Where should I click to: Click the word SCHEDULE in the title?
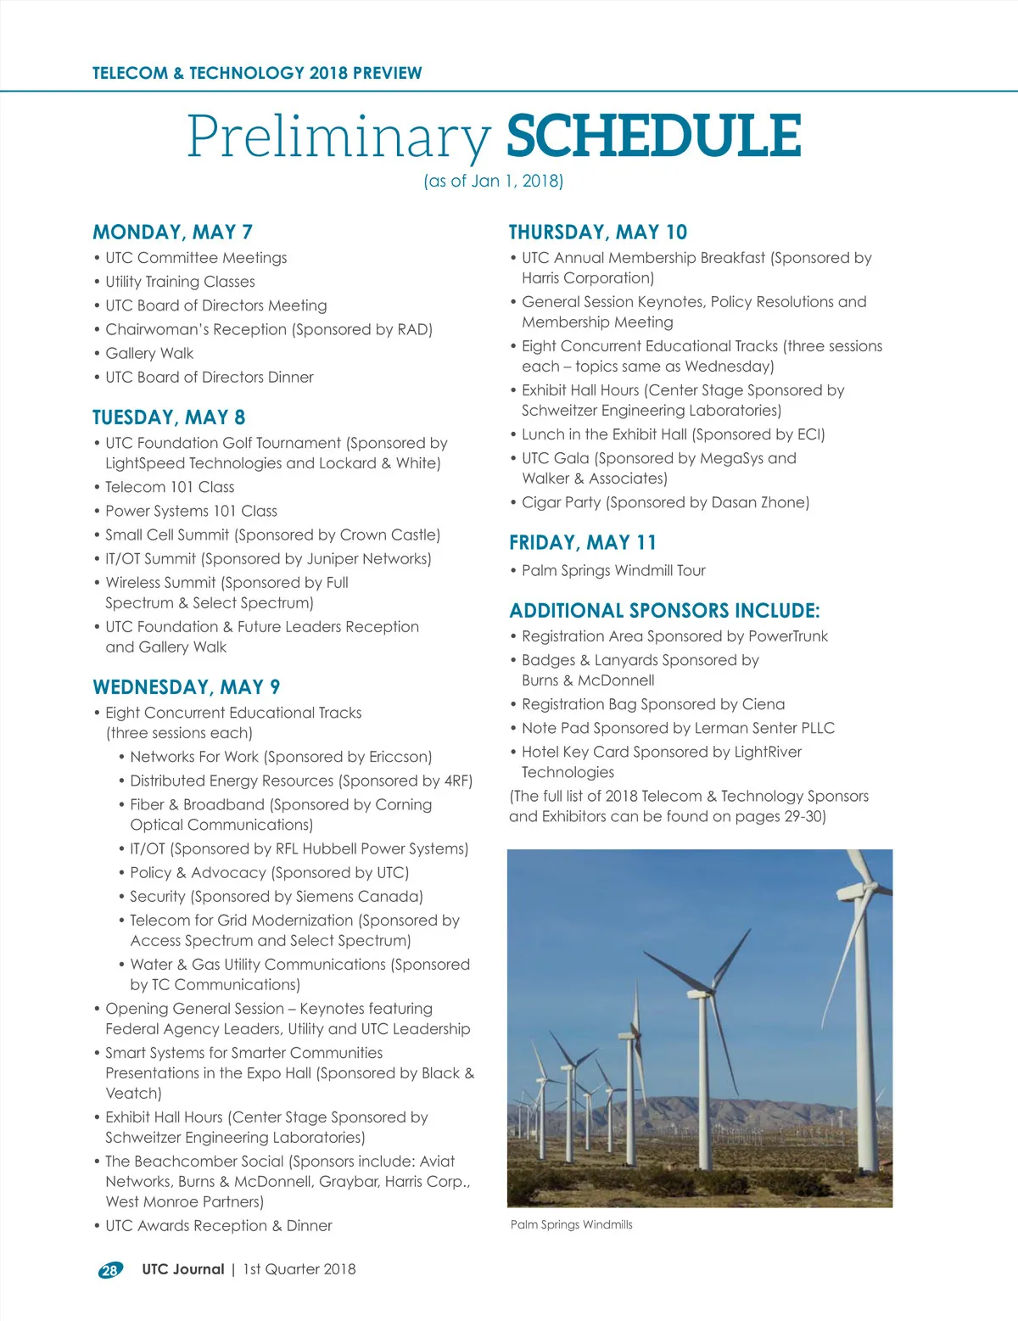[653, 136]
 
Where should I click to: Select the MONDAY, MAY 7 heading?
[172, 232]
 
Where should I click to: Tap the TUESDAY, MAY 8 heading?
[169, 417]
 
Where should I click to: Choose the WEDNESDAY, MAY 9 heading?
[186, 687]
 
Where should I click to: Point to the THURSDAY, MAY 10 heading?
[597, 232]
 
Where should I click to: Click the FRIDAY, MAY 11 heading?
[582, 543]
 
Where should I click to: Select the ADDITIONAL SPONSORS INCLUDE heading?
[664, 611]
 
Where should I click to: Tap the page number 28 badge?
[109, 1270]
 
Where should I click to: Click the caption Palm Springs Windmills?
[571, 1224]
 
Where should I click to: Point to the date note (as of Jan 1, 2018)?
[494, 181]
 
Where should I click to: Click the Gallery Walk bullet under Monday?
[149, 353]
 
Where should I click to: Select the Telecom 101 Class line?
[170, 487]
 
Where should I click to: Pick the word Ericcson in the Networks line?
[400, 757]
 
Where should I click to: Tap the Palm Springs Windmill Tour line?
[613, 570]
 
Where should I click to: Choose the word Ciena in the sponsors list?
[763, 704]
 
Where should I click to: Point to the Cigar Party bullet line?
[665, 502]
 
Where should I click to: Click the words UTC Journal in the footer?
[182, 1269]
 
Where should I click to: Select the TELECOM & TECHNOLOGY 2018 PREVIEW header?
[257, 73]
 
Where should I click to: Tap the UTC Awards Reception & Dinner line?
[218, 1226]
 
